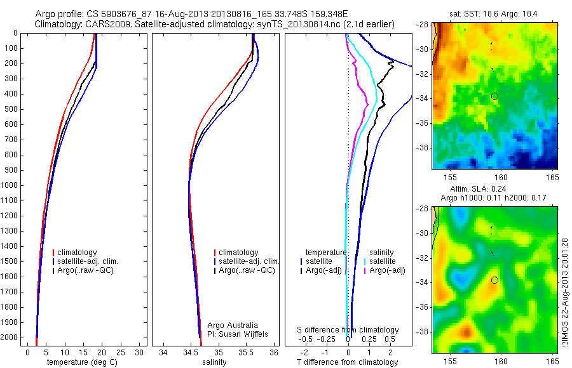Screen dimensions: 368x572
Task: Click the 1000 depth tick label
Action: point(10,185)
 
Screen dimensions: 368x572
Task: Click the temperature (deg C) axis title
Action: point(83,362)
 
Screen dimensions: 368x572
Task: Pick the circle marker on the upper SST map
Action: point(494,96)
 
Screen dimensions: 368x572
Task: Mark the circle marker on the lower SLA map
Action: point(494,280)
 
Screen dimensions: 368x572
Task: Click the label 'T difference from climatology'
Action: point(347,362)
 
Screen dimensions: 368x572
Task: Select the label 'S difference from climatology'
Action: point(348,330)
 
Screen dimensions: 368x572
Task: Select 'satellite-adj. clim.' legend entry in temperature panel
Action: point(88,261)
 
